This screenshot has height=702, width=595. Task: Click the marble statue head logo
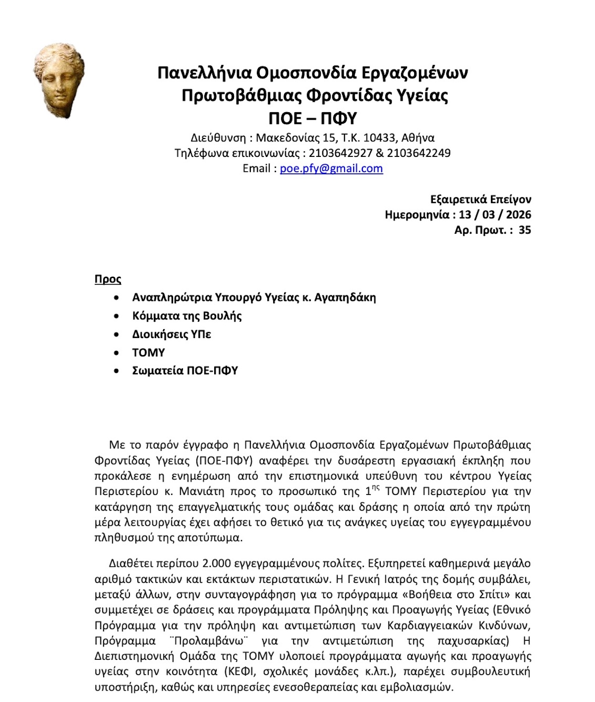coord(59,79)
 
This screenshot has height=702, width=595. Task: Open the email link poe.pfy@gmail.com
coord(331,168)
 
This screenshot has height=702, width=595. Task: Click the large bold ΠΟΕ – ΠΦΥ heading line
coord(312,118)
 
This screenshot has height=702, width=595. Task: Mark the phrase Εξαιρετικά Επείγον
coord(480,200)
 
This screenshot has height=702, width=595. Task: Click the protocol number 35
coord(525,230)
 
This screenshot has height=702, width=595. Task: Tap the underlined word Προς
coord(108,279)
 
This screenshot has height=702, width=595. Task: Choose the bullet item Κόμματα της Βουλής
coord(187,316)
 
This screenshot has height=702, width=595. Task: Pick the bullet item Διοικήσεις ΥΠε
coord(172,334)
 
